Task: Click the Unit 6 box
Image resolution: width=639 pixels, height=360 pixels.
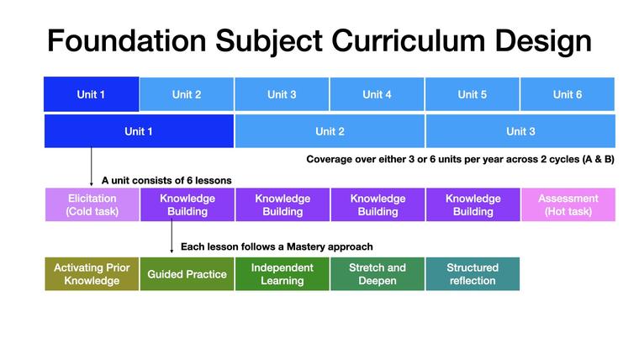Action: coord(568,94)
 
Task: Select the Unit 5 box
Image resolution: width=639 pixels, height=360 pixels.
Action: coord(472,94)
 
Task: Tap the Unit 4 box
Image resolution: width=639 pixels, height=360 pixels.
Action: coord(377,94)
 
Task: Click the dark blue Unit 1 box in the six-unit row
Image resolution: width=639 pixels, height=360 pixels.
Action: coord(92,94)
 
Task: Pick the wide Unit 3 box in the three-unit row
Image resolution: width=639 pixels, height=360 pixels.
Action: coord(520,131)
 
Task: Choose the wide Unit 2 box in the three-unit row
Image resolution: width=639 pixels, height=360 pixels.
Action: coord(330,131)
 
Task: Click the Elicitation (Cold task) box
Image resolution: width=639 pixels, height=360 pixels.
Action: coord(92,204)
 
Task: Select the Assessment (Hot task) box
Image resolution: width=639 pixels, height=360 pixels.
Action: coord(568,204)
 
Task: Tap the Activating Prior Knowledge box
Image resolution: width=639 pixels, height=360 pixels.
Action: coord(92,274)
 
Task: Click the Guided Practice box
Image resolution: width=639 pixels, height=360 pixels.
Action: coord(187,274)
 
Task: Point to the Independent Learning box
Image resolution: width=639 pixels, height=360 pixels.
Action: coord(282,274)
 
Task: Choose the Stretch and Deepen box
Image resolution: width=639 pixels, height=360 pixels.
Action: coord(378,274)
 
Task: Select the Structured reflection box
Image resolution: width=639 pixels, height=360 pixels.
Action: coord(473,274)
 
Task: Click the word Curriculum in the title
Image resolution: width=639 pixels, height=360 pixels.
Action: coord(409,40)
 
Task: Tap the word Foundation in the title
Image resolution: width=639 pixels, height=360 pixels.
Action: coord(127,40)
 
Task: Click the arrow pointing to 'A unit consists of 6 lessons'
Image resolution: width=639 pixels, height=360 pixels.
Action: coord(92,167)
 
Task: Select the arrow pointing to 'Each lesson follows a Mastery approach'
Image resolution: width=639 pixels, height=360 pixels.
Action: coord(172,236)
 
